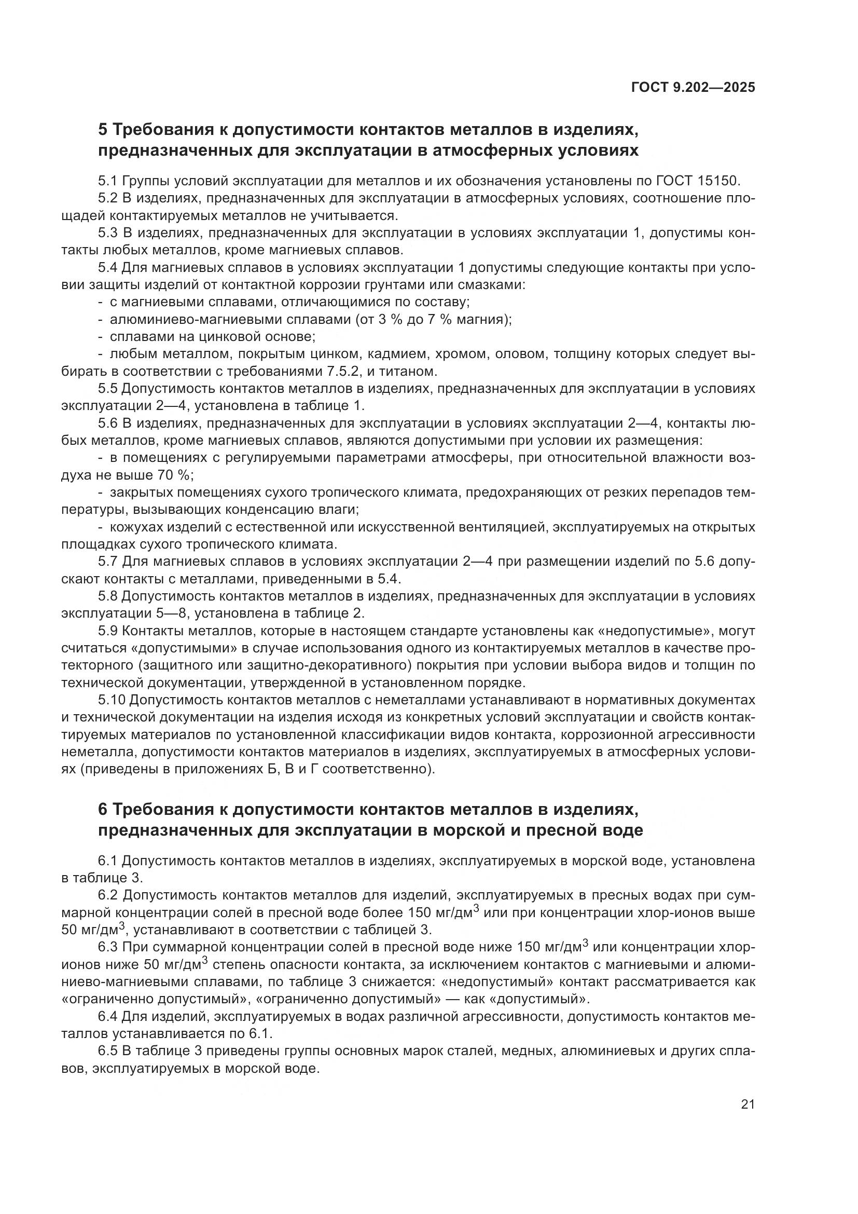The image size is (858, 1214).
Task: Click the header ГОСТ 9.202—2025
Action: [x=693, y=87]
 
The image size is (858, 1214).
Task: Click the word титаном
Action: [x=403, y=371]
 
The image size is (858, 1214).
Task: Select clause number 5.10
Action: [x=112, y=700]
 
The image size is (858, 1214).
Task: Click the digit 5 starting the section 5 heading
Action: [x=103, y=130]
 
